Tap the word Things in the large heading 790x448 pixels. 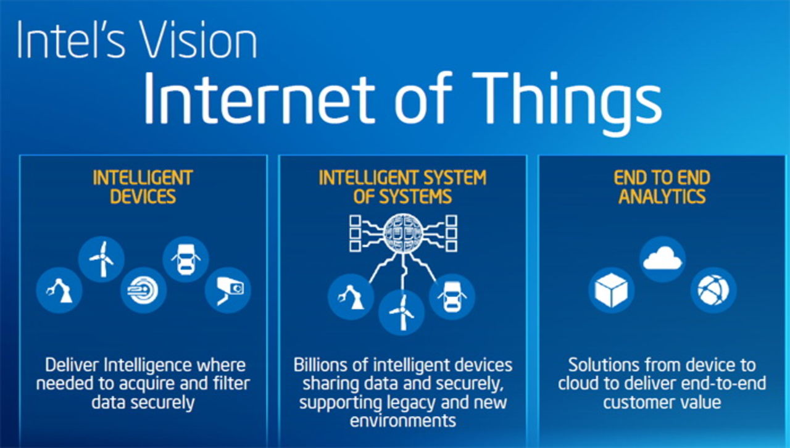coord(559,99)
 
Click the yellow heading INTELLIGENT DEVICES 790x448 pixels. coord(143,188)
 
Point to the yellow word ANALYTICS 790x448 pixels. coord(662,197)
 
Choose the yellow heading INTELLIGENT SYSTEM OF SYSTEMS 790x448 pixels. coord(402,188)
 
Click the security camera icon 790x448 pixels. coord(228,289)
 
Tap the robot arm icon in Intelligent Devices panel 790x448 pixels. coord(60,289)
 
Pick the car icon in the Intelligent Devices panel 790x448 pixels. coord(185,259)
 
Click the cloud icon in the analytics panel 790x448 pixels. coord(662,259)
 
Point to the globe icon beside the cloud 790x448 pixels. coord(713,289)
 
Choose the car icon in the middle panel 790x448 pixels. coord(452,297)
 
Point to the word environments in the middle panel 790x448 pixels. coord(402,421)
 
